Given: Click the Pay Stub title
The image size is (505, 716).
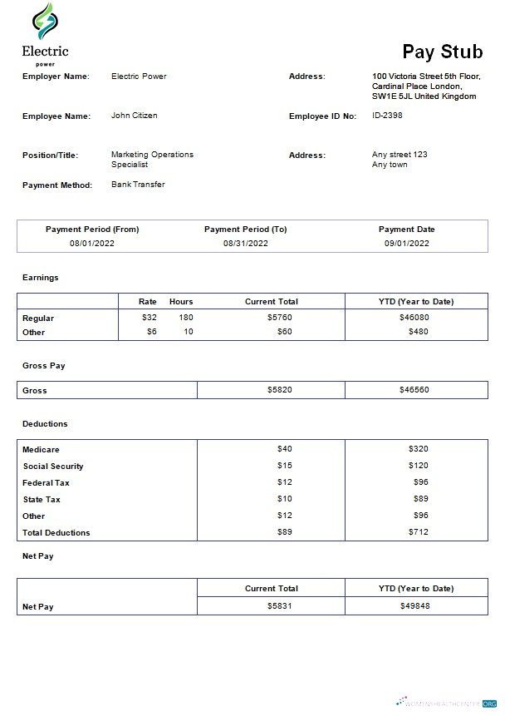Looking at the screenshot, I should pyautogui.click(x=442, y=52).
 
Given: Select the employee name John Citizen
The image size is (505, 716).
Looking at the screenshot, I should pyautogui.click(x=134, y=116).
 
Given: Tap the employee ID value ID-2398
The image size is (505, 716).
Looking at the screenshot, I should pyautogui.click(x=387, y=116).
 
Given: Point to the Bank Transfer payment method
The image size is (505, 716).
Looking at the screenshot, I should pyautogui.click(x=138, y=185).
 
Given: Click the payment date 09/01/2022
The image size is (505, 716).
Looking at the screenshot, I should pyautogui.click(x=406, y=244).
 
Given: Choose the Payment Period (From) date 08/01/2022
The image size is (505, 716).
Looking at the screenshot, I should pyautogui.click(x=92, y=244).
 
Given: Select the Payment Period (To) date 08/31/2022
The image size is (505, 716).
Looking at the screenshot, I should pyautogui.click(x=245, y=244).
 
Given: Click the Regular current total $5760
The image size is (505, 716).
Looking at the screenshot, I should pyautogui.click(x=279, y=318).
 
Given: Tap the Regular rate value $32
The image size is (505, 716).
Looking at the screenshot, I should pyautogui.click(x=149, y=318).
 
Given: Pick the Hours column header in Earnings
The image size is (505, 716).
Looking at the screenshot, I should pyautogui.click(x=181, y=301).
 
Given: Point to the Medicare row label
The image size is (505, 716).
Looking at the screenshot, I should pyautogui.click(x=41, y=450).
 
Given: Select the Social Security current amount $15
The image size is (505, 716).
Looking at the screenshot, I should pyautogui.click(x=284, y=466).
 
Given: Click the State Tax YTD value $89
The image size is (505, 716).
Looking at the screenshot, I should pyautogui.click(x=419, y=499).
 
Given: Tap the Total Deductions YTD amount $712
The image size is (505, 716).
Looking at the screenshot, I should pyautogui.click(x=418, y=532).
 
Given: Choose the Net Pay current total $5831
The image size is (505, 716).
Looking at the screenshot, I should pyautogui.click(x=279, y=606).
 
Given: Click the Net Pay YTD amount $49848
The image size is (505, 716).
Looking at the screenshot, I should pyautogui.click(x=414, y=606).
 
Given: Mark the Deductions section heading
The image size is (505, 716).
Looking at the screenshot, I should pyautogui.click(x=45, y=424).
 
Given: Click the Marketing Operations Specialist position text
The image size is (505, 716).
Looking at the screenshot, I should pyautogui.click(x=151, y=159).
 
